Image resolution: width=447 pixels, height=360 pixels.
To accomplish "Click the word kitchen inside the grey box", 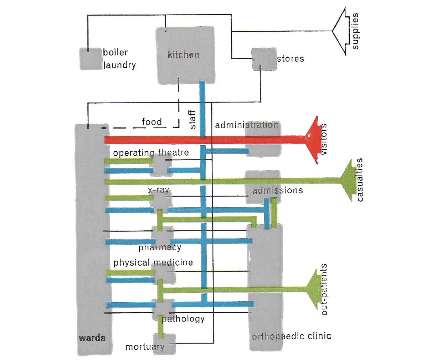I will pyautogui.click(x=183, y=54).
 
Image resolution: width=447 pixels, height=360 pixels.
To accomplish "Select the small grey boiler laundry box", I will pyautogui.click(x=90, y=59).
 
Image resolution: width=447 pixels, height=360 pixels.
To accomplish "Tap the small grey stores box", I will pyautogui.click(x=264, y=59).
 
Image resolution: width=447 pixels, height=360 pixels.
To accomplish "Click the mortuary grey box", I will pyautogui.click(x=164, y=344).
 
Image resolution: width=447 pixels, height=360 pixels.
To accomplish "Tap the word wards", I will pyautogui.click(x=92, y=338).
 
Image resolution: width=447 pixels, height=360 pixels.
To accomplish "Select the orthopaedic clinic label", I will pyautogui.click(x=291, y=336).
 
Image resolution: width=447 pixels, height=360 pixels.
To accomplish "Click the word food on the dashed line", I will pyautogui.click(x=151, y=122).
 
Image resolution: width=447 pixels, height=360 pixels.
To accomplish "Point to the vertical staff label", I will pyautogui.click(x=192, y=120).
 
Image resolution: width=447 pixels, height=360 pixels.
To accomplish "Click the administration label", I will pyautogui.click(x=247, y=125).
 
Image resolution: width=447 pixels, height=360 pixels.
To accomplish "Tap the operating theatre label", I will pyautogui.click(x=151, y=153).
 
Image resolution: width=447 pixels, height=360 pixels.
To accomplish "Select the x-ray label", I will pyautogui.click(x=158, y=190).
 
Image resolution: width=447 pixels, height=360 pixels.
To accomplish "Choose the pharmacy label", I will pyautogui.click(x=160, y=247).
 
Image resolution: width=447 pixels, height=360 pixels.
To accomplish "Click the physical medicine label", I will pyautogui.click(x=153, y=263).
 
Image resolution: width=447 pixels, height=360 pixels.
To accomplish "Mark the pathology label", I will pyautogui.click(x=183, y=319).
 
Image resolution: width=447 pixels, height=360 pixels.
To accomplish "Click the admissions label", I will pyautogui.click(x=277, y=191).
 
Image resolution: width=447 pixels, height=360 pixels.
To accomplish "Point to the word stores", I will pyautogui.click(x=291, y=59).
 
